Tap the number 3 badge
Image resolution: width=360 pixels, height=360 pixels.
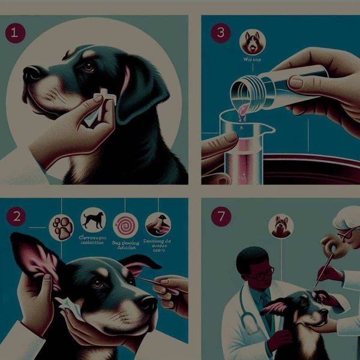(x=221, y=32)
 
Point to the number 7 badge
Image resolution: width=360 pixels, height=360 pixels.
(x=221, y=217)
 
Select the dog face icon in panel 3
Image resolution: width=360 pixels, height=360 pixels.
(x=252, y=42)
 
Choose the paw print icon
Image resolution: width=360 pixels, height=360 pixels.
(x=62, y=227)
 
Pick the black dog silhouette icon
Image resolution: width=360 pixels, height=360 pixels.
(x=93, y=220)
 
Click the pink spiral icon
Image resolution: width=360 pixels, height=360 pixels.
(x=125, y=225)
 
